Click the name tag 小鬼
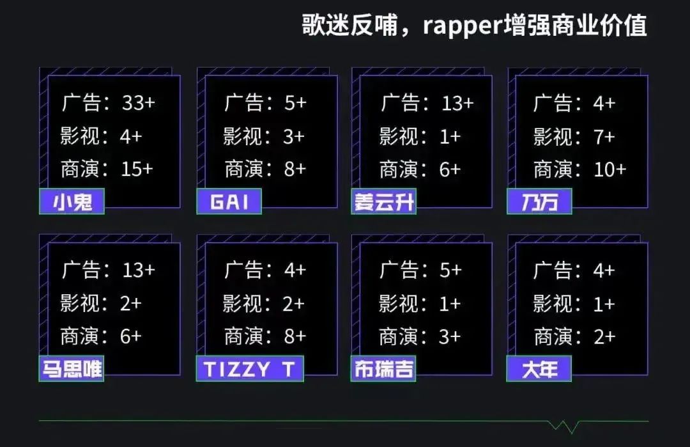pyautogui.click(x=72, y=202)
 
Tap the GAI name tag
pyautogui.click(x=229, y=202)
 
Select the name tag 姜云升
pyautogui.click(x=383, y=202)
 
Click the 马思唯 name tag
pyautogui.click(x=72, y=369)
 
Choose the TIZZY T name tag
pyautogui.click(x=249, y=369)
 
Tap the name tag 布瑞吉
pyautogui.click(x=383, y=369)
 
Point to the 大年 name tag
pyautogui.click(x=539, y=369)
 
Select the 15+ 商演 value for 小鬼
pyautogui.click(x=137, y=169)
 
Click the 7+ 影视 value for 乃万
pyautogui.click(x=604, y=136)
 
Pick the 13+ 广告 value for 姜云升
pyautogui.click(x=457, y=103)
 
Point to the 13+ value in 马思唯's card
pyautogui.click(x=138, y=270)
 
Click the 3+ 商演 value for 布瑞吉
pyautogui.click(x=450, y=336)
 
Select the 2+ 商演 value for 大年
pyautogui.click(x=604, y=336)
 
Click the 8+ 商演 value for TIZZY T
pyautogui.click(x=295, y=336)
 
